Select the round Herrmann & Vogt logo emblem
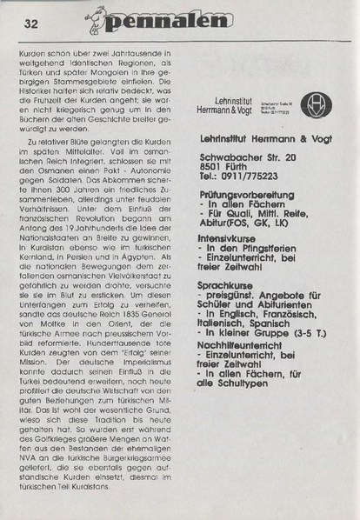[313, 104]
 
